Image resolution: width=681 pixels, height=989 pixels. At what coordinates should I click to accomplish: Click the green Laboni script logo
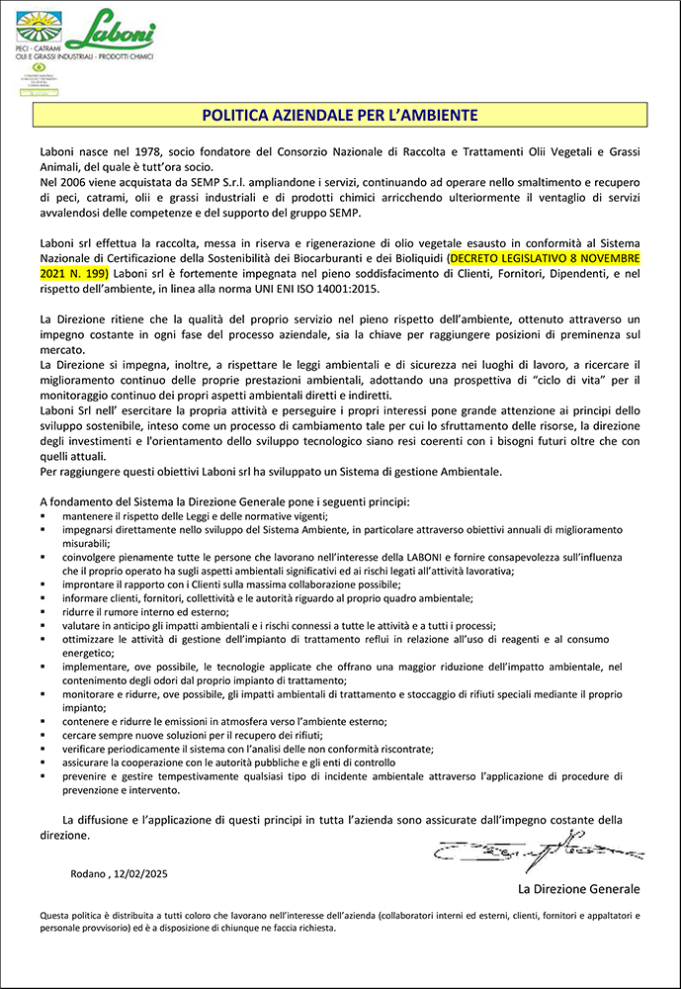[112, 27]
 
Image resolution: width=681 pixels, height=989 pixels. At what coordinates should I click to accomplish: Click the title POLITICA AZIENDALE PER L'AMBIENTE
[340, 115]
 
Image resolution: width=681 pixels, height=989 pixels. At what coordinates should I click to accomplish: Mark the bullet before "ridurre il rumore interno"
[43, 613]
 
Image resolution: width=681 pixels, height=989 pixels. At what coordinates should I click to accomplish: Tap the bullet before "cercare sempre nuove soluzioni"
[43, 736]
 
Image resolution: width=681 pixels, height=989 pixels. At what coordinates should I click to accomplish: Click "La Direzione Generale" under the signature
[578, 889]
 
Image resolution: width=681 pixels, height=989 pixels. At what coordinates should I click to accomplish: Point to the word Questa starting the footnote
[56, 916]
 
